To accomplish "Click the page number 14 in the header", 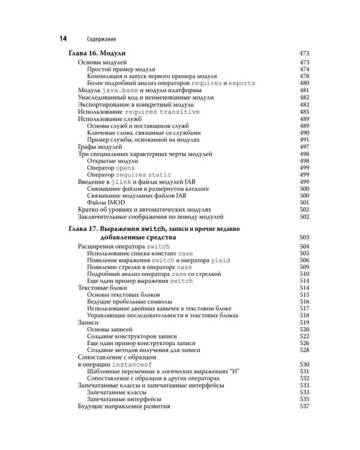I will [62, 39].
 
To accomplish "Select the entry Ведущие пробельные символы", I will [130, 302].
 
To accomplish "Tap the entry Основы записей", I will [111, 329].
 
